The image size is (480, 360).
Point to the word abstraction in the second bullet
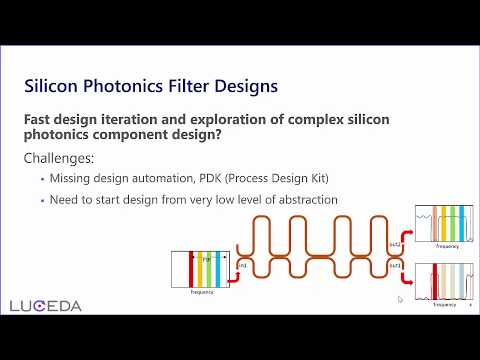click(302, 199)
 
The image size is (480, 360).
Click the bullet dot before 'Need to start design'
click(43, 200)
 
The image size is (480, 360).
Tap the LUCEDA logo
click(46, 305)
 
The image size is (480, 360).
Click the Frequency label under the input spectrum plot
click(201, 293)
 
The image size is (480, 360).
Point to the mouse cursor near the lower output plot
click(400, 299)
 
